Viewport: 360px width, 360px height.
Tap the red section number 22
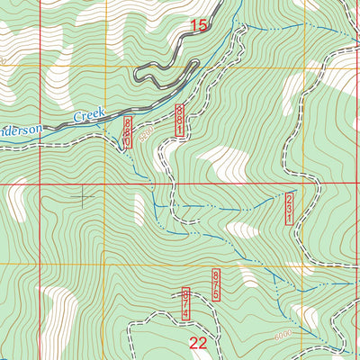coord(199,342)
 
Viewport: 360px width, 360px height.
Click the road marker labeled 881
coord(180,121)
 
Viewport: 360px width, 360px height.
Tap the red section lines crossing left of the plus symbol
coord(39,183)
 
